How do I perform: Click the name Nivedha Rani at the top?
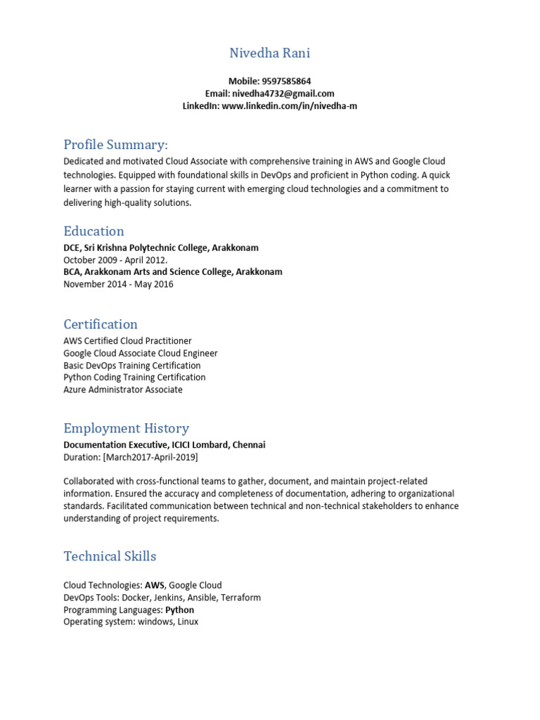tap(269, 53)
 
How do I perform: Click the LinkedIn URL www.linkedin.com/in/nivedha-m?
tap(284, 105)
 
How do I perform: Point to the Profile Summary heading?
tap(115, 145)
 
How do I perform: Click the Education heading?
tap(94, 231)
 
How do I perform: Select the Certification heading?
tap(101, 324)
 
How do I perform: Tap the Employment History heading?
tap(126, 428)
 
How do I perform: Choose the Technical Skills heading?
tap(110, 556)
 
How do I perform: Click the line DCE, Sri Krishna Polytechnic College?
tap(161, 247)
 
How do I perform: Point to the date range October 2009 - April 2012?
tap(115, 260)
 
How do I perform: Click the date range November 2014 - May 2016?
tap(118, 284)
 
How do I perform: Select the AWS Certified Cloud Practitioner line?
tap(127, 341)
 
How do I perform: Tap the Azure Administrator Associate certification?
tap(123, 390)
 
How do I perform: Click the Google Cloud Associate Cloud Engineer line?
tap(141, 353)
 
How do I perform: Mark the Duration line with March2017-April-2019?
tap(131, 457)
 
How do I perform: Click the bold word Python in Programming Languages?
tap(179, 610)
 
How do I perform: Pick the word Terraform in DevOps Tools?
tap(240, 598)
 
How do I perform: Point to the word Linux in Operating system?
tap(187, 622)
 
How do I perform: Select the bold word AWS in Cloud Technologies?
tap(155, 585)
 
